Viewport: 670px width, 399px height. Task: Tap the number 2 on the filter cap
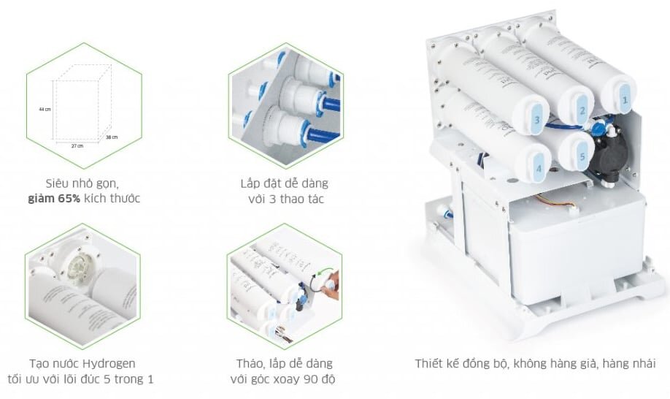pos(582,110)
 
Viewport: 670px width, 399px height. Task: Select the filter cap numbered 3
pos(536,119)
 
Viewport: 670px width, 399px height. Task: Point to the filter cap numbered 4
pos(539,167)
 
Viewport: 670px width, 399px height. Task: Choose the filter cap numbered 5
pos(581,156)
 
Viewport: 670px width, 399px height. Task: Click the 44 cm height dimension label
pos(45,109)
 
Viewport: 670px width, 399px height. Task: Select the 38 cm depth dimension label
pos(111,137)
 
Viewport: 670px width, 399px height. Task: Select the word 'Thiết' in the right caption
pos(430,363)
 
